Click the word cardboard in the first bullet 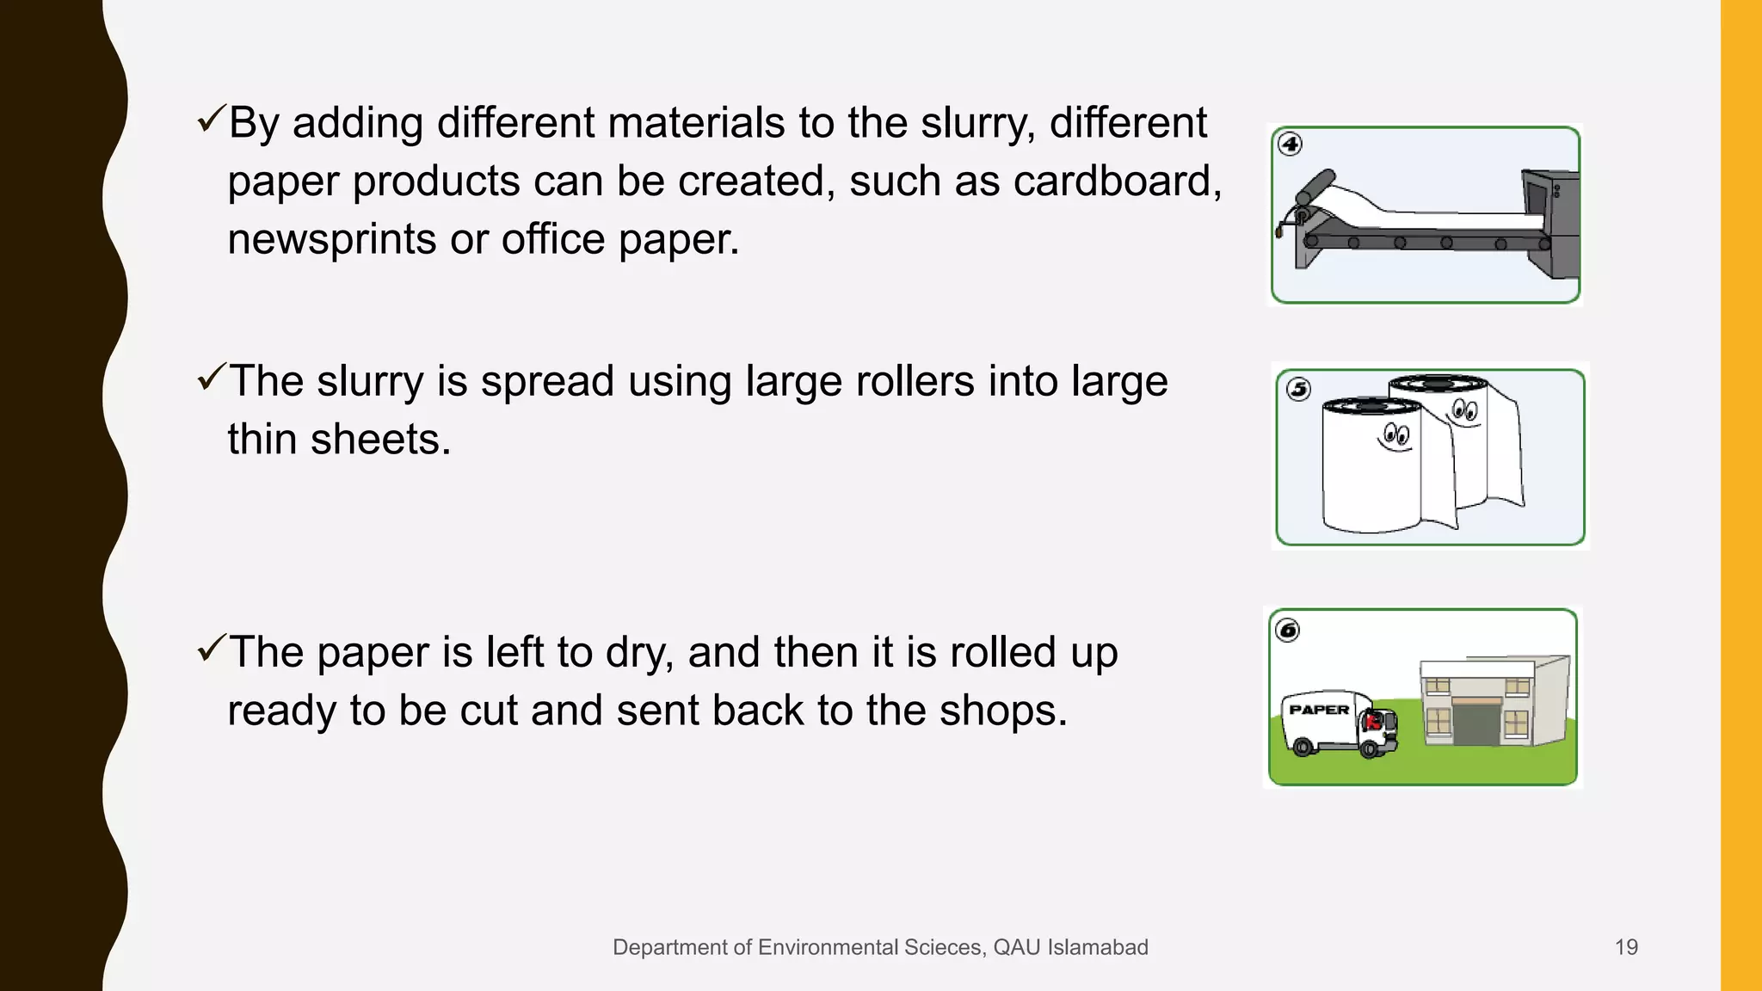(1116, 182)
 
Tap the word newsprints (331, 239)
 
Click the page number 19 (1626, 947)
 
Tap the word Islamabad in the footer (1097, 947)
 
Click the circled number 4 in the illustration (1290, 144)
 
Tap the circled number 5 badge (1298, 390)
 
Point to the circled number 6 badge (1288, 631)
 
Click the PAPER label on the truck (1319, 710)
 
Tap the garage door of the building (1476, 723)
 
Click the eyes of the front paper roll (1396, 434)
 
